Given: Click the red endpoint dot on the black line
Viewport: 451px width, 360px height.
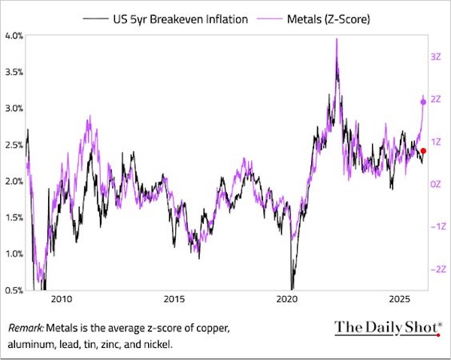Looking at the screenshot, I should pyautogui.click(x=423, y=151).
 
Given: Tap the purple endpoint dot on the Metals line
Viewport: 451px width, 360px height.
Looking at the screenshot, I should pyautogui.click(x=422, y=102).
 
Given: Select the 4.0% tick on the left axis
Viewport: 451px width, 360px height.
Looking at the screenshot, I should pyautogui.click(x=14, y=35).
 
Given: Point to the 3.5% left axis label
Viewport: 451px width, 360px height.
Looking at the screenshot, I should pyautogui.click(x=14, y=72).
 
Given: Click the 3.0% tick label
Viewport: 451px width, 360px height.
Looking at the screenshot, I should pyautogui.click(x=14, y=108).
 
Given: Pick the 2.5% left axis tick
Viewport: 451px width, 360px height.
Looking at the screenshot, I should pyautogui.click(x=14, y=145).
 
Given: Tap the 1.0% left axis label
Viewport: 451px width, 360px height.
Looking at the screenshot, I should pyautogui.click(x=14, y=254).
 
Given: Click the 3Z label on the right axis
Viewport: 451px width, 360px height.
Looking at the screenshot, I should pyautogui.click(x=435, y=56).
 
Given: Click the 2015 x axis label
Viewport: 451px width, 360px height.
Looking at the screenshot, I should pyautogui.click(x=174, y=301).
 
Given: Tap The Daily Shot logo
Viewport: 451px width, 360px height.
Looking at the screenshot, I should pyautogui.click(x=383, y=328).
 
